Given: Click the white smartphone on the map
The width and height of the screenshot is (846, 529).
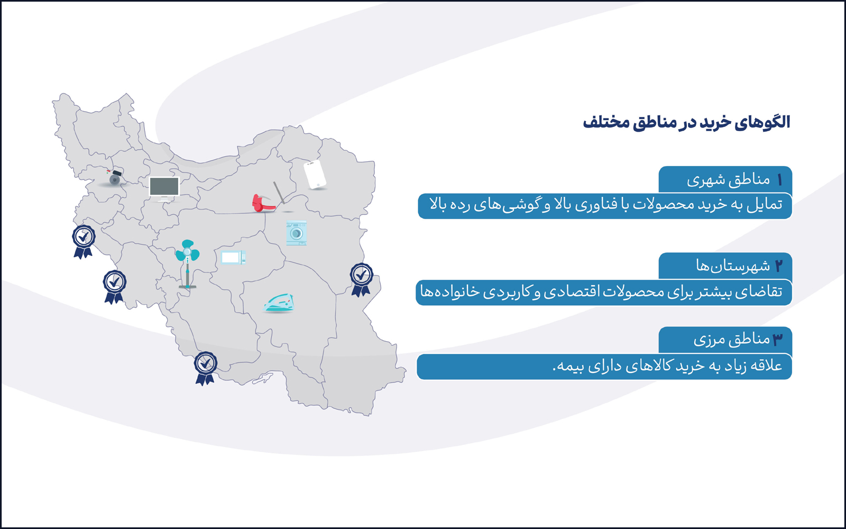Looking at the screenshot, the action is [x=315, y=174].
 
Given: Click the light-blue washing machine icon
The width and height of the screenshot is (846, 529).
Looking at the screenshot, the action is [x=297, y=233].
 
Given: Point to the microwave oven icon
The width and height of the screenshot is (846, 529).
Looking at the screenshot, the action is [x=233, y=257].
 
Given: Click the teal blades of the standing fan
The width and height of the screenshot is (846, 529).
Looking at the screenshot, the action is [x=187, y=251].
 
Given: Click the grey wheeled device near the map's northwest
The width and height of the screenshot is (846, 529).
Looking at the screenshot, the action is [x=114, y=178].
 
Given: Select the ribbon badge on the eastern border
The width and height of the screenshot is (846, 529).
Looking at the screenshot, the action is [x=362, y=280].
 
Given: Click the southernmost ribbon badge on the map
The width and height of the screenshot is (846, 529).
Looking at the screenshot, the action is [x=205, y=368].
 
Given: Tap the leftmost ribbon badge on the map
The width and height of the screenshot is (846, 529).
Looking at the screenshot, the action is [x=84, y=242].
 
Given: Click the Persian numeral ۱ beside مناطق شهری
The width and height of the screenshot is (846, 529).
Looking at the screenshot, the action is [x=779, y=180].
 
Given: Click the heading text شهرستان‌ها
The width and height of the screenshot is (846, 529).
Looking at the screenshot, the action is [x=733, y=266].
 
